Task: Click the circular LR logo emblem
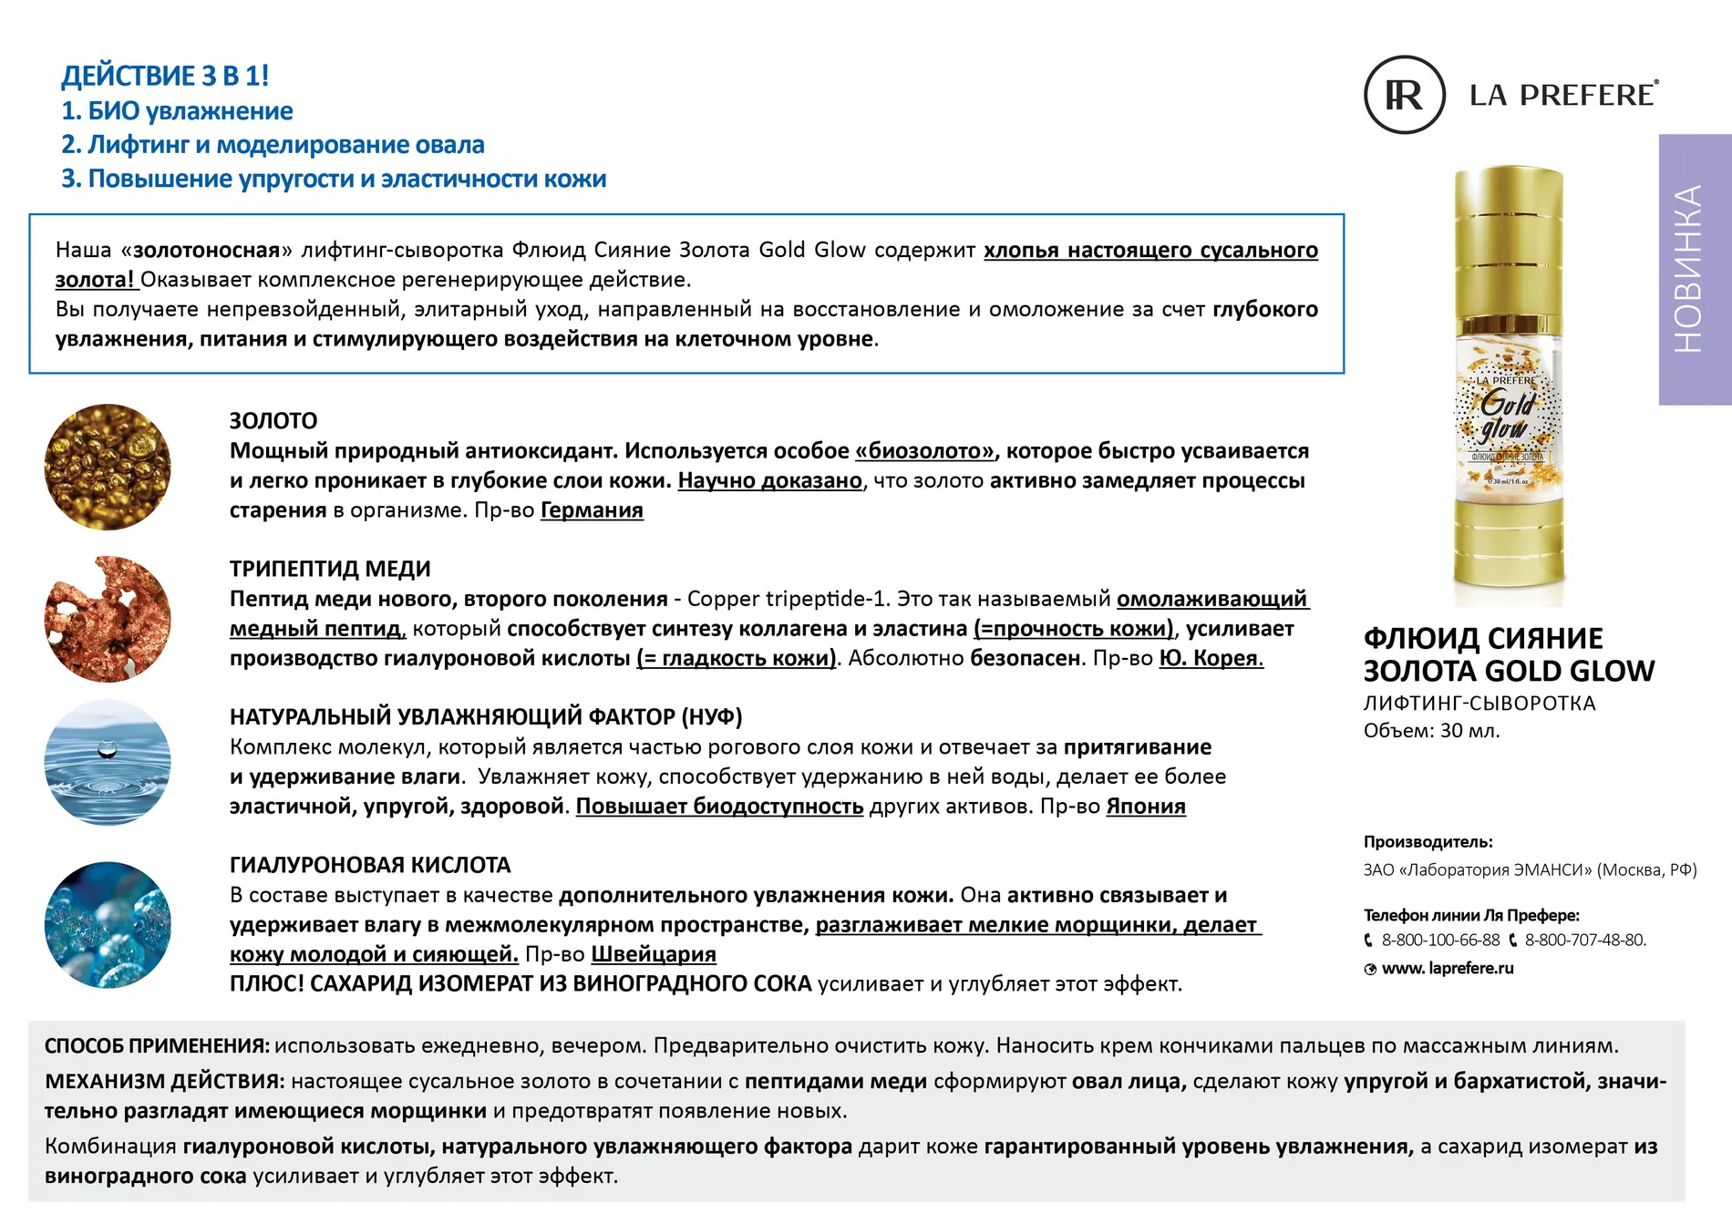pyautogui.click(x=1404, y=95)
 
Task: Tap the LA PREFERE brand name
pyautogui.click(x=1562, y=95)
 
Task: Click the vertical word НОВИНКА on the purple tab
pyautogui.click(x=1688, y=269)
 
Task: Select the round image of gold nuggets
pyautogui.click(x=108, y=467)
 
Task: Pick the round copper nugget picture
pyautogui.click(x=108, y=619)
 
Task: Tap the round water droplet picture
pyautogui.click(x=108, y=763)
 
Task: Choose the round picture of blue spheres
pyautogui.click(x=108, y=925)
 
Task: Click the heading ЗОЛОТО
pyautogui.click(x=273, y=421)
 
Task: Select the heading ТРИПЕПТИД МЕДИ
pyautogui.click(x=330, y=569)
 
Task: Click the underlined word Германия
pyautogui.click(x=592, y=510)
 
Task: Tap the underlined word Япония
pyautogui.click(x=1146, y=807)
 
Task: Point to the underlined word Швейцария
pyautogui.click(x=654, y=954)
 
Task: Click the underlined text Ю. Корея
pyautogui.click(x=1211, y=658)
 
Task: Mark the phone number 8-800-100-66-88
pyautogui.click(x=1440, y=940)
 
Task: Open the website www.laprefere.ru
pyautogui.click(x=1448, y=968)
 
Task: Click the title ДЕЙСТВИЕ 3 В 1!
pyautogui.click(x=165, y=76)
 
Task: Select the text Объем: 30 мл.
pyautogui.click(x=1431, y=731)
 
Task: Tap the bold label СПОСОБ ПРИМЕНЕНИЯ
pyautogui.click(x=156, y=1046)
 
